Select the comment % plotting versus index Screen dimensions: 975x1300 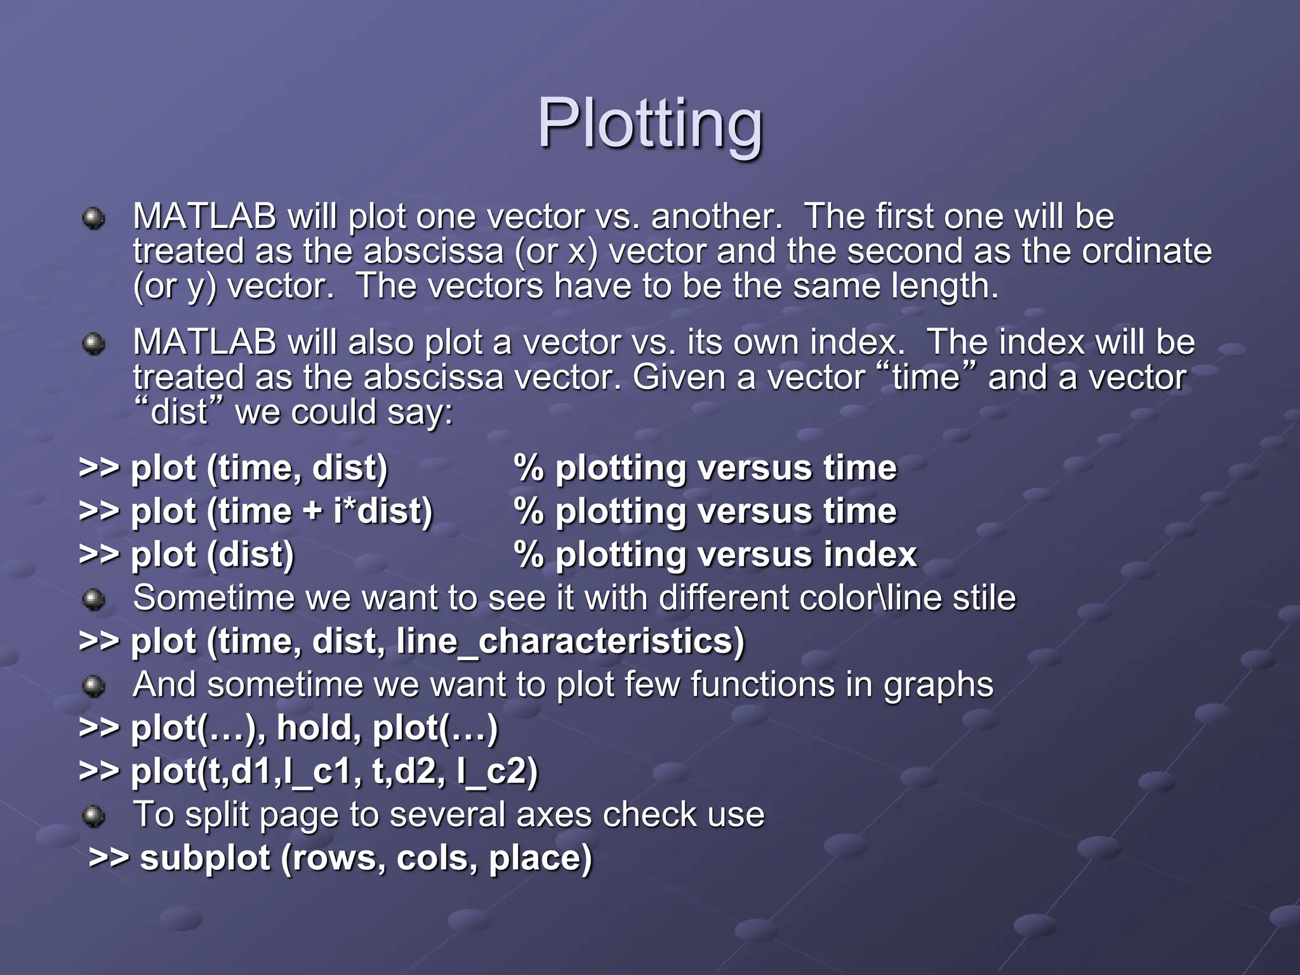pos(715,555)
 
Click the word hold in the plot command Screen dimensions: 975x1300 pos(314,728)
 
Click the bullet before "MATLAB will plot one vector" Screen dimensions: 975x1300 pos(94,218)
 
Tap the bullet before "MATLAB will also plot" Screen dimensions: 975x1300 pos(94,344)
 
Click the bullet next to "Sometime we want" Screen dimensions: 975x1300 pos(94,599)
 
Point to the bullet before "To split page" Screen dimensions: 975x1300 pos(94,816)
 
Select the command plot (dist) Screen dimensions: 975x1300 pos(212,555)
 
